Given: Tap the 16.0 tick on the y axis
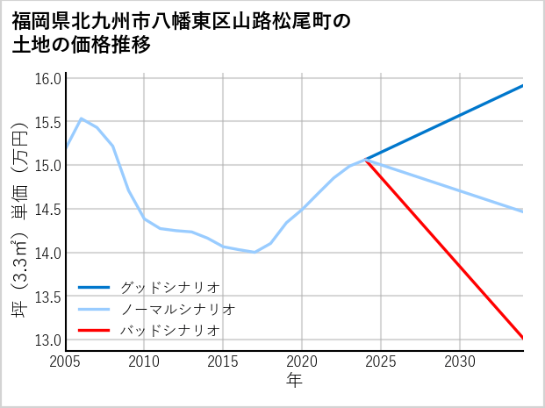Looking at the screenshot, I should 48,79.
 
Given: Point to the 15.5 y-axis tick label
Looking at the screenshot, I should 48,122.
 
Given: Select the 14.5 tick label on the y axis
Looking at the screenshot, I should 48,210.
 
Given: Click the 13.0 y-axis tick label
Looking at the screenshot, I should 48,340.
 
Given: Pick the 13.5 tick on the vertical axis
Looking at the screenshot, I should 48,297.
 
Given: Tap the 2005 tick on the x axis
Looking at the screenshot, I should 66,361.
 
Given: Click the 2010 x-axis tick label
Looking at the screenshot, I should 144,361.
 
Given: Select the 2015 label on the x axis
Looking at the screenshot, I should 223,361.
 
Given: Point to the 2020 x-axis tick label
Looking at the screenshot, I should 302,361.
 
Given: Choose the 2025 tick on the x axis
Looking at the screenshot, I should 381,361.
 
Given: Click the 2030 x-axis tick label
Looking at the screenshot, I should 460,361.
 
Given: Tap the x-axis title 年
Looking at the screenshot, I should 294,381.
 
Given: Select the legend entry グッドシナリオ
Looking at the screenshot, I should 169,287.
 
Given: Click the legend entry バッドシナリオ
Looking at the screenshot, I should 169,330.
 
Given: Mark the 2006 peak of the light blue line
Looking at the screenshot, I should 82,118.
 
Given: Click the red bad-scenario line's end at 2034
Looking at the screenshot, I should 523,338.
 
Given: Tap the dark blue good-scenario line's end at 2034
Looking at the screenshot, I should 523,85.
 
